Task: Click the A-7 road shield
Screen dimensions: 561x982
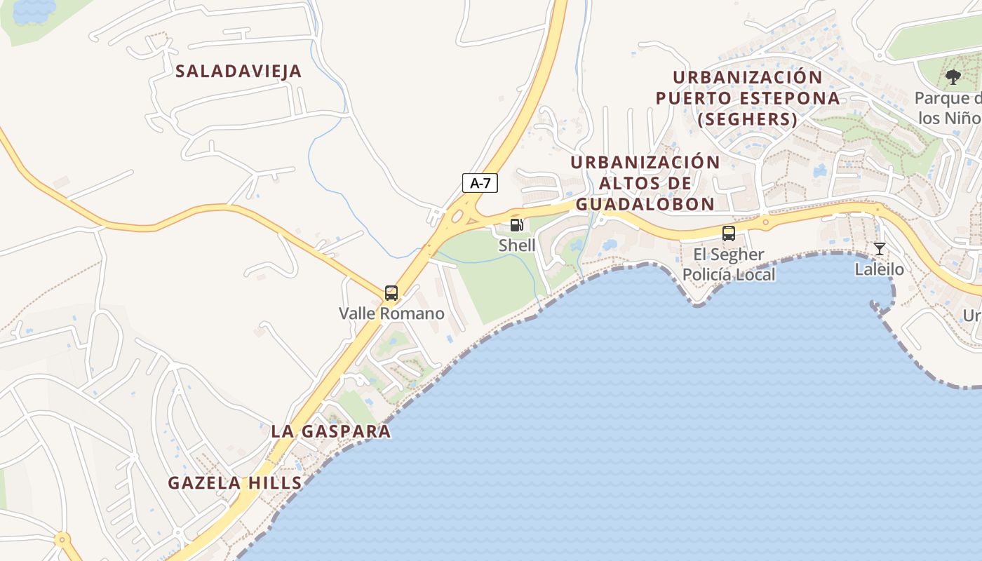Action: [x=480, y=184]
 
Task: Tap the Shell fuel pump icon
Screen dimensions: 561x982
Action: [x=517, y=225]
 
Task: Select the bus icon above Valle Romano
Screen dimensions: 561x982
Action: [x=391, y=293]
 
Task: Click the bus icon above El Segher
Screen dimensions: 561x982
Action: [x=729, y=234]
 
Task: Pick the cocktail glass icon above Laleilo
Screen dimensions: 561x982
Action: [x=879, y=248]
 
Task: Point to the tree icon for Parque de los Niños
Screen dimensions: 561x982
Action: [x=953, y=77]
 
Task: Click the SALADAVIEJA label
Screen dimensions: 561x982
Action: [x=238, y=71]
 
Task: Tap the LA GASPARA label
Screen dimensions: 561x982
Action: [x=330, y=431]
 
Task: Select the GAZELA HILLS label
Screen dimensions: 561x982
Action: [x=235, y=482]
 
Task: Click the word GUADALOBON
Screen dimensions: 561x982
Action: [x=644, y=204]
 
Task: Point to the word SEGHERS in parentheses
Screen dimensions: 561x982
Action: [x=748, y=119]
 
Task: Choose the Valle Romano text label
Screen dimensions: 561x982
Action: [x=391, y=313]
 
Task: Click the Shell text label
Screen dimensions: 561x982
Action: [x=517, y=245]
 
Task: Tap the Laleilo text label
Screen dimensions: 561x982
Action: [x=879, y=269]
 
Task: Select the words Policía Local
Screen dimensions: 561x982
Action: [x=729, y=274]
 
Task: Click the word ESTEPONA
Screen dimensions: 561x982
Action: [x=789, y=98]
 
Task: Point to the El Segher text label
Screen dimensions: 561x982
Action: [x=729, y=255]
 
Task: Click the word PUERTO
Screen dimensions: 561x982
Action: [x=694, y=98]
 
